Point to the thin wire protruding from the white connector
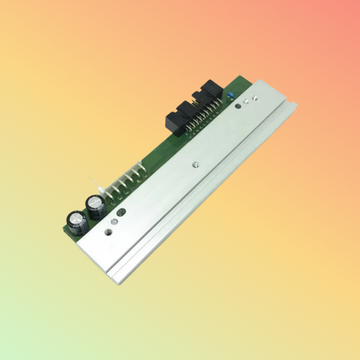coord(90,182)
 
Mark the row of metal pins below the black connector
coord(203,125)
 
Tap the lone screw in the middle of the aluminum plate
coord(195,163)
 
